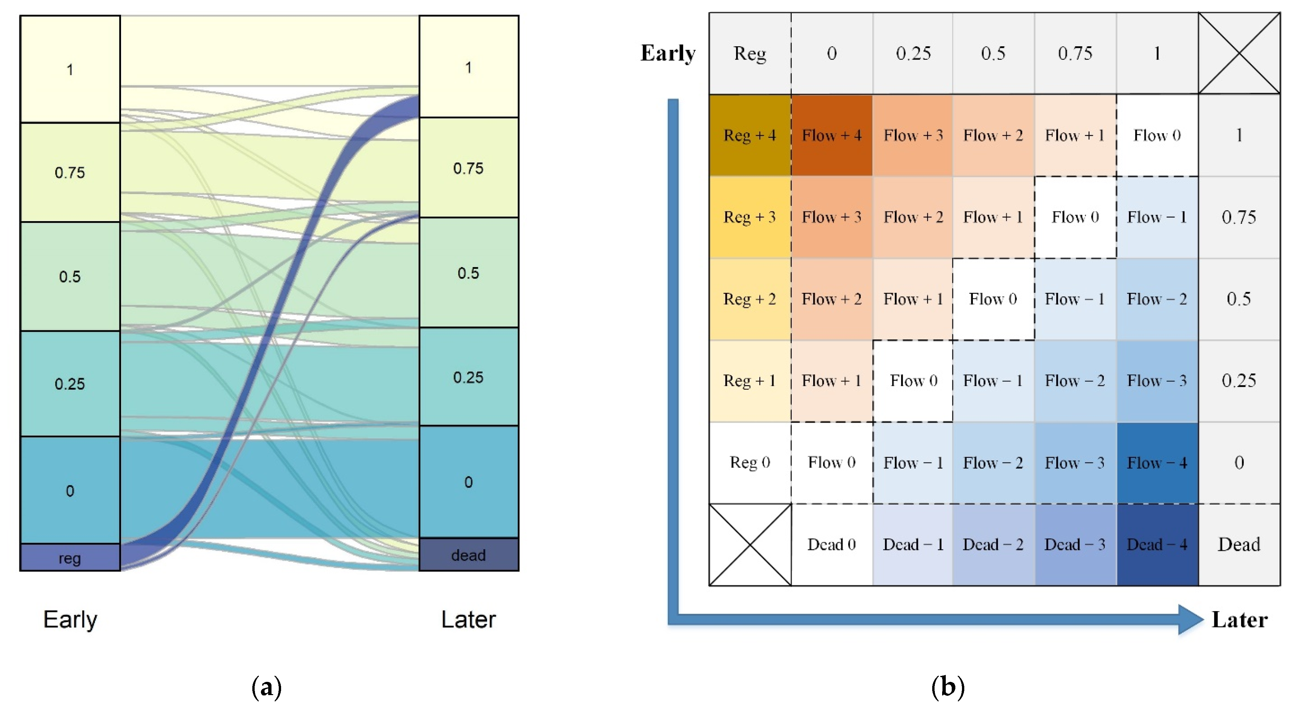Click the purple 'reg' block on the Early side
coord(70,557)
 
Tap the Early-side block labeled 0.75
coord(70,173)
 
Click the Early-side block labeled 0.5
coord(70,276)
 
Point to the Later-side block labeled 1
coord(469,67)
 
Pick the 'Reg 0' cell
coord(749,462)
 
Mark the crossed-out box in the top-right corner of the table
coord(1238,53)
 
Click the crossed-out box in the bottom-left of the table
coord(749,545)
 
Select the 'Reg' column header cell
coord(749,53)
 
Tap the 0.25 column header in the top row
coord(913,53)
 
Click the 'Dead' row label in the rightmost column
coord(1238,545)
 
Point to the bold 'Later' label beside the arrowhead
coord(1239,620)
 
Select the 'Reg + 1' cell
coord(749,380)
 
